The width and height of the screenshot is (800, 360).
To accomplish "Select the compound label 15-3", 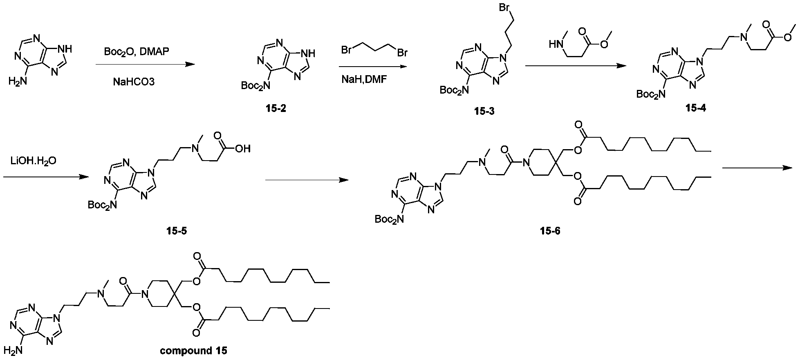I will [x=484, y=111].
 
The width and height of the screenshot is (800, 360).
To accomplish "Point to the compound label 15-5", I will [x=177, y=231].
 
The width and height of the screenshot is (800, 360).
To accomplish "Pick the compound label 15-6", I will [x=549, y=231].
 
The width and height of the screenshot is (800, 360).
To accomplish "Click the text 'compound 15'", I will [x=193, y=350].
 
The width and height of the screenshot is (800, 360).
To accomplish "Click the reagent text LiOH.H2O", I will [x=34, y=161].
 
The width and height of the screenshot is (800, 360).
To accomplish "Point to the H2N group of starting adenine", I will [x=18, y=82].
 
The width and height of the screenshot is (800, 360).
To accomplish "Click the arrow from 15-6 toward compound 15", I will [x=757, y=168].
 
